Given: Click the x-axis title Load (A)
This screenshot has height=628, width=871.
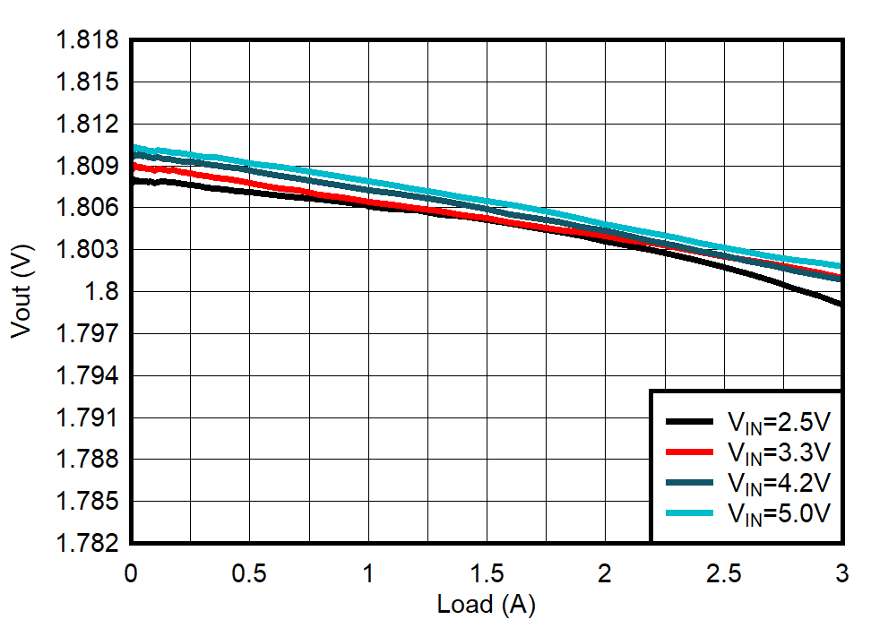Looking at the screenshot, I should coord(486,606).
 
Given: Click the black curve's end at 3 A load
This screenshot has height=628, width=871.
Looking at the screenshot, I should coord(841,304).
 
